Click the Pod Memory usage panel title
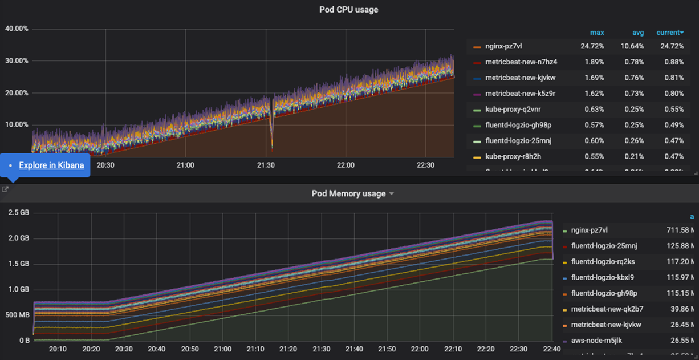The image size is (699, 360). tap(348, 193)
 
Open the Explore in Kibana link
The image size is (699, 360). tap(51, 165)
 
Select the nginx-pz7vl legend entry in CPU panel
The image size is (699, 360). tap(503, 46)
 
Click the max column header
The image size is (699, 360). tap(597, 33)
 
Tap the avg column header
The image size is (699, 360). tap(638, 33)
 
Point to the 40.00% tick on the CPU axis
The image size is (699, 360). tap(17, 29)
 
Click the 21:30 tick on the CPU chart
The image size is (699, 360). tap(266, 165)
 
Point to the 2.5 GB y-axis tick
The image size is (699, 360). tap(18, 212)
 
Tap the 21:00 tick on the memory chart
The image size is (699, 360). tap(223, 349)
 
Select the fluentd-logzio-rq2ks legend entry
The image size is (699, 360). tap(603, 262)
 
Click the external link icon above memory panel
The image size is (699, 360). tap(5, 189)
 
